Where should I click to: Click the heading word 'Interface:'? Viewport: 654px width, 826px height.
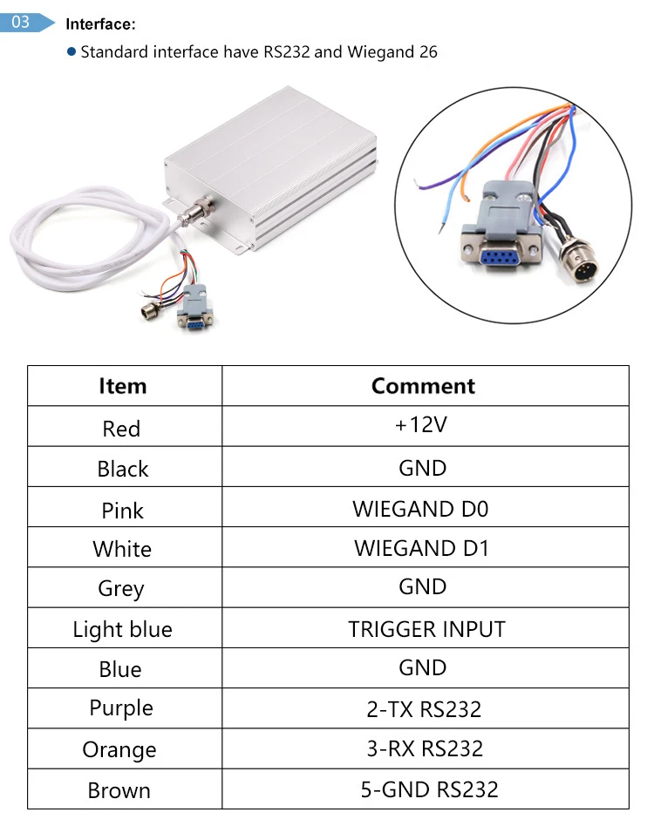pos(101,25)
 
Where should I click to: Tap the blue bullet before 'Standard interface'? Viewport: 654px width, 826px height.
pos(72,51)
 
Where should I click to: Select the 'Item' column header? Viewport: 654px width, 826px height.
pos(123,386)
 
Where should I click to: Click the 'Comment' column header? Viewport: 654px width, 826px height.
pos(423,386)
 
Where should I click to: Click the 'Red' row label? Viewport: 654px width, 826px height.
pos(121,429)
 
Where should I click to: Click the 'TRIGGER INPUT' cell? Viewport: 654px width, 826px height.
pos(426,629)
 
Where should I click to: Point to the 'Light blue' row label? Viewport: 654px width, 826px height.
pos(123,629)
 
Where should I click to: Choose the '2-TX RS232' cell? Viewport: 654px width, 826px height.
pos(424,709)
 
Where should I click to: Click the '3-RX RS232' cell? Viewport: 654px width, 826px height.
pos(425,748)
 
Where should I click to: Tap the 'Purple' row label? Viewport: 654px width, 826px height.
pos(121,708)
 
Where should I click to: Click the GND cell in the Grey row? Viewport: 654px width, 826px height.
pos(423,586)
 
